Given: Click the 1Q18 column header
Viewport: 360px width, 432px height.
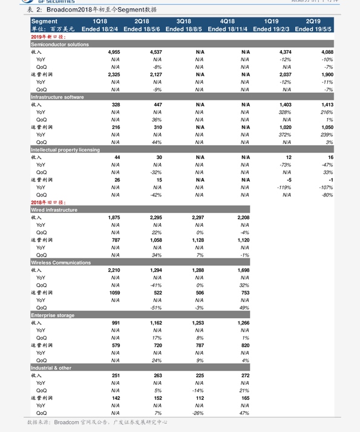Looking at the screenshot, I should tap(99, 21).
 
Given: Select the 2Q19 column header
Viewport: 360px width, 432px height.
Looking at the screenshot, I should tap(313, 21).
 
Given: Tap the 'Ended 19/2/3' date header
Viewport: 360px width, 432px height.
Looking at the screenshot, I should tap(271, 28).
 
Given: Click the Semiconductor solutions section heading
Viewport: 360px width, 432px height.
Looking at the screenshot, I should tap(59, 44).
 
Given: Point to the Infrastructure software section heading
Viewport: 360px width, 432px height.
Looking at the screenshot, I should tap(57, 97).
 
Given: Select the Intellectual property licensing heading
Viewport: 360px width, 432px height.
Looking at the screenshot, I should tap(65, 149).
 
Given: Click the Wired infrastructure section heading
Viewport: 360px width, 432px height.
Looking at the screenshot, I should tap(54, 210).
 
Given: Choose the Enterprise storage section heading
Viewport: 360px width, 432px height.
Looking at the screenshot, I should tap(53, 315).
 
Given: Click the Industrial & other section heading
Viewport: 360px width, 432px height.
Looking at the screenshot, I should tap(51, 368).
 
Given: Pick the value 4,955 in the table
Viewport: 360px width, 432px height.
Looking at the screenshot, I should tap(113, 52).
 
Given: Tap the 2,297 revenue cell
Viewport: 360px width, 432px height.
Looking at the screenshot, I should tap(197, 217).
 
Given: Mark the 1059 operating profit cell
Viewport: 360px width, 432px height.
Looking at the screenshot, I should tap(114, 293).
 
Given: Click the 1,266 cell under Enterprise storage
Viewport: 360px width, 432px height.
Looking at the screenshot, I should tap(243, 322).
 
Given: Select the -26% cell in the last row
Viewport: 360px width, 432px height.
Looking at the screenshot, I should tap(197, 413).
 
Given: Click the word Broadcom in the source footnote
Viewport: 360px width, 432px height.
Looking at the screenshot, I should tap(67, 422).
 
